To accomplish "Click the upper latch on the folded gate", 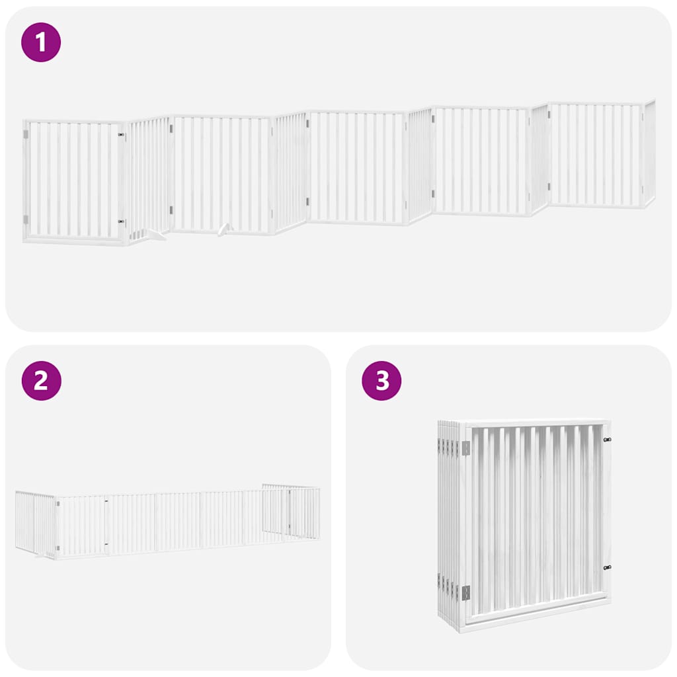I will (607, 439).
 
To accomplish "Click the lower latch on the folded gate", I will (607, 567).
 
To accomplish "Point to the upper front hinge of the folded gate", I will (465, 448).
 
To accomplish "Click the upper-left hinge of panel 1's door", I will (26, 134).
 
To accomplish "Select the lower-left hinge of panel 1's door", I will (26, 219).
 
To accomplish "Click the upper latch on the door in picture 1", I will (121, 135).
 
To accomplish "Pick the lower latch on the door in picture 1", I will (121, 222).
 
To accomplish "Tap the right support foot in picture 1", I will (225, 229).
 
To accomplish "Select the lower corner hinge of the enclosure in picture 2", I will (58, 547).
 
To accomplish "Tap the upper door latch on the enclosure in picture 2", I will (106, 500).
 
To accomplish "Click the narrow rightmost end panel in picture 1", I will (649, 154).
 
